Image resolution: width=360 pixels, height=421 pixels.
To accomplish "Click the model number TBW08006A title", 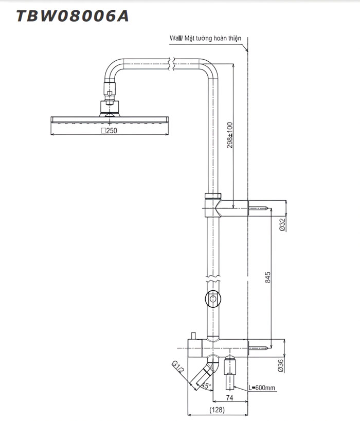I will tap(73, 16).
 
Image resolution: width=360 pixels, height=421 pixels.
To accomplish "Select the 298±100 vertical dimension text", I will tap(230, 134).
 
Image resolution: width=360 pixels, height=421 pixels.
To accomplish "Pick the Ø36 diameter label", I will tap(281, 364).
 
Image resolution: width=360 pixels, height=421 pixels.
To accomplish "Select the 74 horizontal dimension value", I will tap(230, 398).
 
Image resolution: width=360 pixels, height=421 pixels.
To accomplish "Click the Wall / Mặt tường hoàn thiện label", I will tap(205, 39).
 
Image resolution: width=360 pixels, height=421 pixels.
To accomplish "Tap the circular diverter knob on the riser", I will tap(212, 298).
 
